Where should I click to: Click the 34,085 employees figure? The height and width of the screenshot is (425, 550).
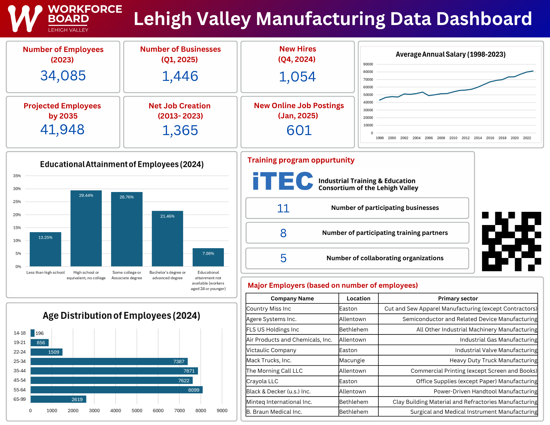coord(63,76)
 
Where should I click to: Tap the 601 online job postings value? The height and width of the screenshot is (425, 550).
coord(299,130)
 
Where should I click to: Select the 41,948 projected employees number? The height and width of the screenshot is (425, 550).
coord(62,130)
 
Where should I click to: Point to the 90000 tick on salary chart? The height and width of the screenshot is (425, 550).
coord(368,64)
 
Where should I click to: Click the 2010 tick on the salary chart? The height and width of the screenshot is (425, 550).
coord(453,138)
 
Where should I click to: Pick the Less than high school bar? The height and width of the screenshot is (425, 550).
coord(45,249)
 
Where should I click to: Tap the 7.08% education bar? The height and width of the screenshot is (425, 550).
coord(208,257)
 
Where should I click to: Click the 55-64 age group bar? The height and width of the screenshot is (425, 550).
coord(116,390)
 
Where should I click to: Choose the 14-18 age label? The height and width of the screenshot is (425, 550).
coord(20,333)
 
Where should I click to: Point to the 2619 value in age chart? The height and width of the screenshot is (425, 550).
coord(77,399)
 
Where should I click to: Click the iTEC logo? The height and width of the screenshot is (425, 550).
coord(283,181)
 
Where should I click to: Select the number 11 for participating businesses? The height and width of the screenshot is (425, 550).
coord(283,208)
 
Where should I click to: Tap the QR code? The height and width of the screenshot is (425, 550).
coord(512,241)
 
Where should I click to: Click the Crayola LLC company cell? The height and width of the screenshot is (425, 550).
coord(292,381)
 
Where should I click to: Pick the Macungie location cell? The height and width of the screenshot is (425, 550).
coord(358,360)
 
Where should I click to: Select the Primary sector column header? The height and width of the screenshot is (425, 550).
coord(458,298)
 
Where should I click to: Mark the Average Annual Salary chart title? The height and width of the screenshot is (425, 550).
coord(450,54)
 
